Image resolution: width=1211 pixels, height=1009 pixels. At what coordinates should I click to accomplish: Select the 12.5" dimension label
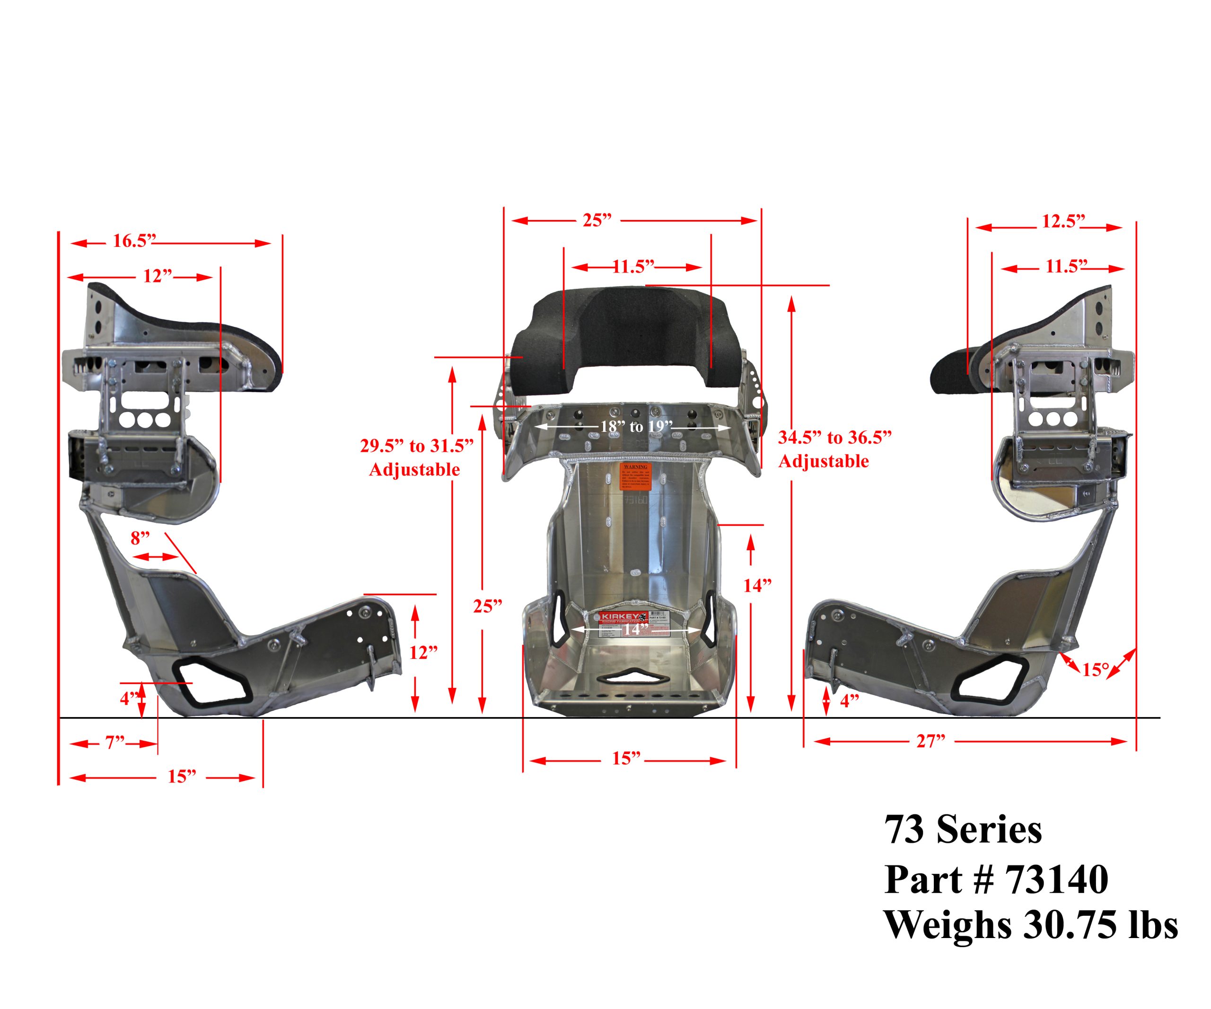pos(1063,221)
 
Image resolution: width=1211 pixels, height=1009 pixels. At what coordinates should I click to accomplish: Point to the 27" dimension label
pos(931,741)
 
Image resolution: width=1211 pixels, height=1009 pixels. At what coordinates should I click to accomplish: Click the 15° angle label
pos(1095,670)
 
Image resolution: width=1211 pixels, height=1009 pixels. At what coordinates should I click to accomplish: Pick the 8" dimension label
pos(140,538)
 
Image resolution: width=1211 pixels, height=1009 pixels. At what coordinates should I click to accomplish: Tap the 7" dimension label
pos(115,743)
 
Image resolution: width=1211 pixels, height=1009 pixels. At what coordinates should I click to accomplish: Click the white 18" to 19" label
pos(636,427)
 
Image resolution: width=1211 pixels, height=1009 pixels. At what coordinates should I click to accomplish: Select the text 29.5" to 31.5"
pos(416,446)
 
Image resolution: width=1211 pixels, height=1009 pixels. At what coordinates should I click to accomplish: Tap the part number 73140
pos(1056,880)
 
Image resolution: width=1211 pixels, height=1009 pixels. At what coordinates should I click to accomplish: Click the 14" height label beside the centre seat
pos(756,586)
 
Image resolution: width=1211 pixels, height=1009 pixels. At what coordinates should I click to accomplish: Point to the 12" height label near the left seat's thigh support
pos(423,653)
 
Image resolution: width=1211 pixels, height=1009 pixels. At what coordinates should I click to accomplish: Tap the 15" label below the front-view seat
pos(626,758)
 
